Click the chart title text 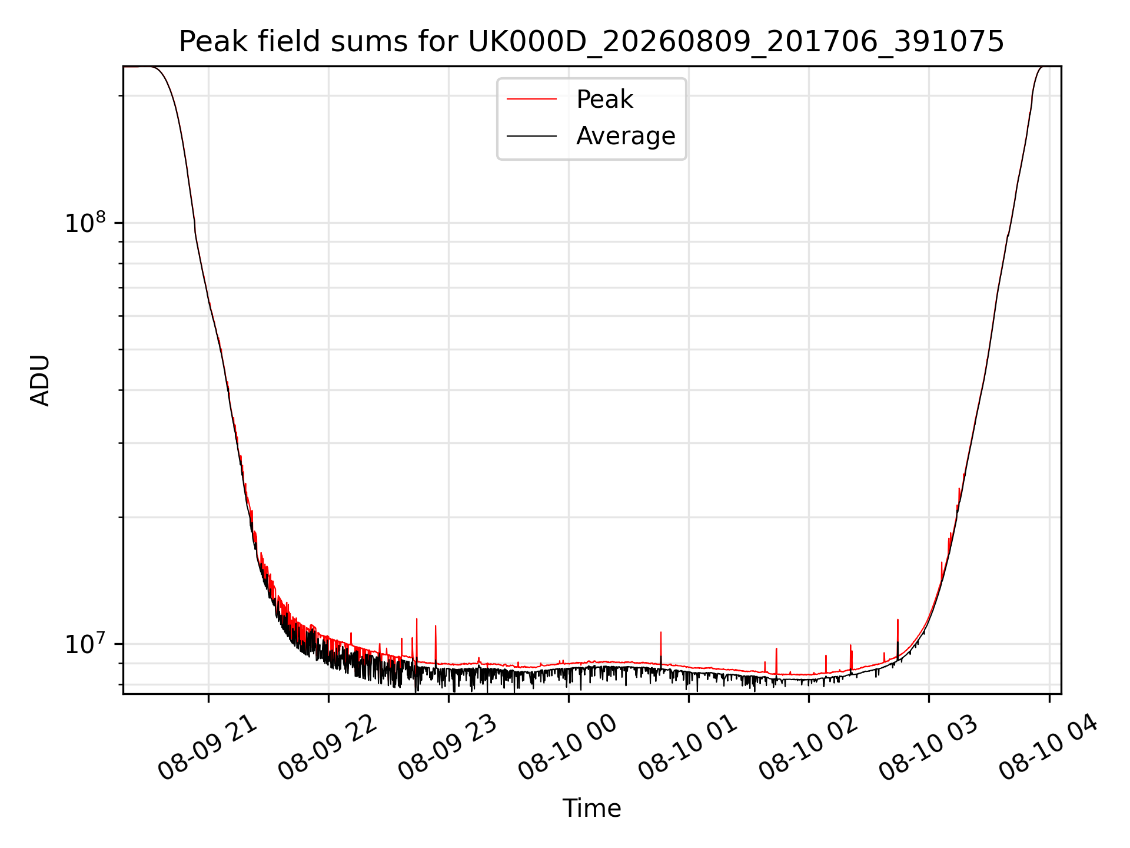coord(591,42)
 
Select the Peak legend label coord(604,100)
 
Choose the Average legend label coord(626,136)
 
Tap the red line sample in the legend coord(531,100)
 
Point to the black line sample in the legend coord(531,136)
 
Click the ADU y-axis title coord(40,380)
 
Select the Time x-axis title coord(591,809)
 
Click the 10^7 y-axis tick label coord(85,644)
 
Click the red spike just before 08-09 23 coord(436,644)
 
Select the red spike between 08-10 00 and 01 coord(661,648)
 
